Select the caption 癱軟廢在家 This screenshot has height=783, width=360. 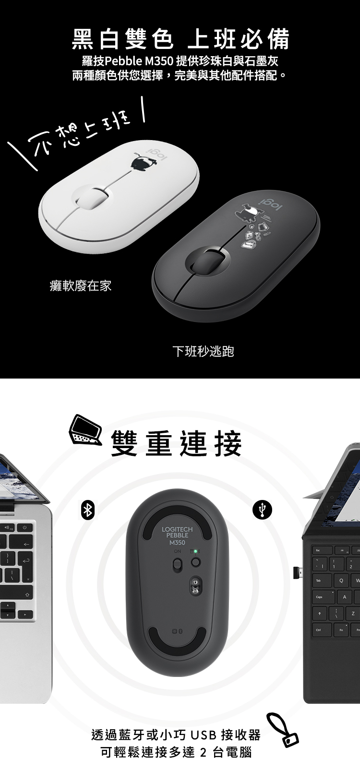point(81,286)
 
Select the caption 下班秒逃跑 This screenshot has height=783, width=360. point(203,351)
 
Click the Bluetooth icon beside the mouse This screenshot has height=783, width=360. point(88,510)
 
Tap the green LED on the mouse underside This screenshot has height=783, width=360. point(195,551)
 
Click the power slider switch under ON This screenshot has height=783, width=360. point(178,565)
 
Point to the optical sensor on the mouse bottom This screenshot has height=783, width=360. point(195,586)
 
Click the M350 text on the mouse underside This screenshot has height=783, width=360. point(177,543)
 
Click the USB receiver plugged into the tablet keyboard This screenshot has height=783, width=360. point(298,572)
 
